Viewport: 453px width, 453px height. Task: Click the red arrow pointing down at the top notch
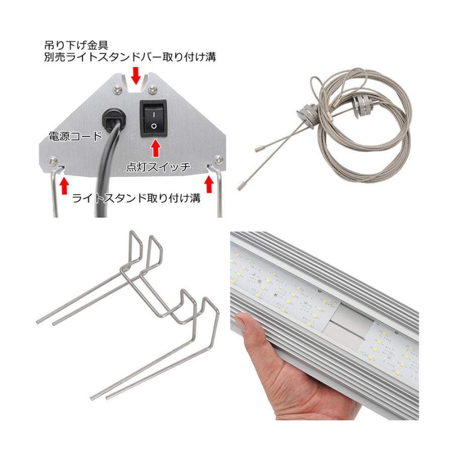pos(135,75)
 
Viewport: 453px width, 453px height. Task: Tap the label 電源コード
pos(74,136)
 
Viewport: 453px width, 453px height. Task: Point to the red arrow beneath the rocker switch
pos(156,147)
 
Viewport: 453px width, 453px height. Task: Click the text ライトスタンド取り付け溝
pos(136,198)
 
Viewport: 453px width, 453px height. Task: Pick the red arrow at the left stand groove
pos(64,185)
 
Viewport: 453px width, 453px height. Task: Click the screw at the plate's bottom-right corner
pos(218,160)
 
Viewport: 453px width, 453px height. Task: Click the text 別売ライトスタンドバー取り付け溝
pos(130,57)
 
